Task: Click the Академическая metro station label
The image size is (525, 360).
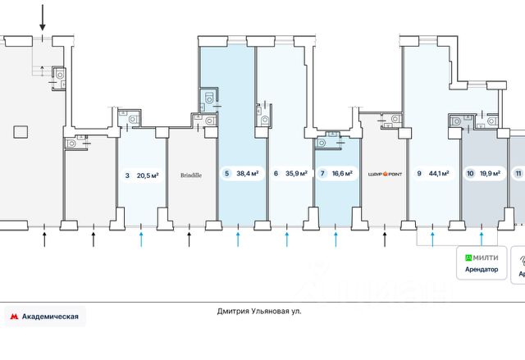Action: pyautogui.click(x=50, y=316)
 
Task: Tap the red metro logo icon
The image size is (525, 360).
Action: pyautogui.click(x=12, y=316)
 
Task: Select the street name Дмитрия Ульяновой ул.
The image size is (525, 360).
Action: pyautogui.click(x=258, y=312)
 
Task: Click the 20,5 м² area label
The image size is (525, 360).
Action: pyautogui.click(x=148, y=174)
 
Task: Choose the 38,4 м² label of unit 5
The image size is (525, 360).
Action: pyautogui.click(x=248, y=174)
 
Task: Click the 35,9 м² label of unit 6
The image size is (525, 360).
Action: pyautogui.click(x=296, y=174)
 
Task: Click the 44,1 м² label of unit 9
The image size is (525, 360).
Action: pyautogui.click(x=439, y=174)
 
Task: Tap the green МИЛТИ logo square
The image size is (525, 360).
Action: pyautogui.click(x=469, y=256)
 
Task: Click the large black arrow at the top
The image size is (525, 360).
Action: pyautogui.click(x=43, y=16)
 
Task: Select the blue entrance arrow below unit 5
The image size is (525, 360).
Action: pyautogui.click(x=238, y=238)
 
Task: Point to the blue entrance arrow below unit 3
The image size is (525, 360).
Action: pyautogui.click(x=141, y=238)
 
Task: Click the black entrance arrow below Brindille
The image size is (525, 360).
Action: pyautogui.click(x=189, y=238)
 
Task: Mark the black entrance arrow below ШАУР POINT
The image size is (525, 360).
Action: pyautogui.click(x=384, y=238)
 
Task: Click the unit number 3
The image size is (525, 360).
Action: pyautogui.click(x=127, y=174)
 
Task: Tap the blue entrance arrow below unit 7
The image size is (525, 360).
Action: pyautogui.click(x=336, y=238)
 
